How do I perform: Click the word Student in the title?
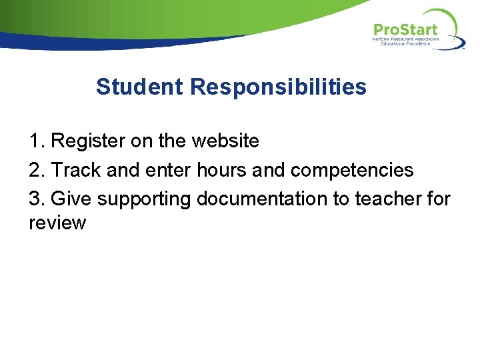tap(139, 87)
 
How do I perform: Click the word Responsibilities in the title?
tap(278, 87)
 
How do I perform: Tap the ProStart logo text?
tap(405, 29)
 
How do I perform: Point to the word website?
tap(225, 141)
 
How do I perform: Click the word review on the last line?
tap(57, 223)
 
